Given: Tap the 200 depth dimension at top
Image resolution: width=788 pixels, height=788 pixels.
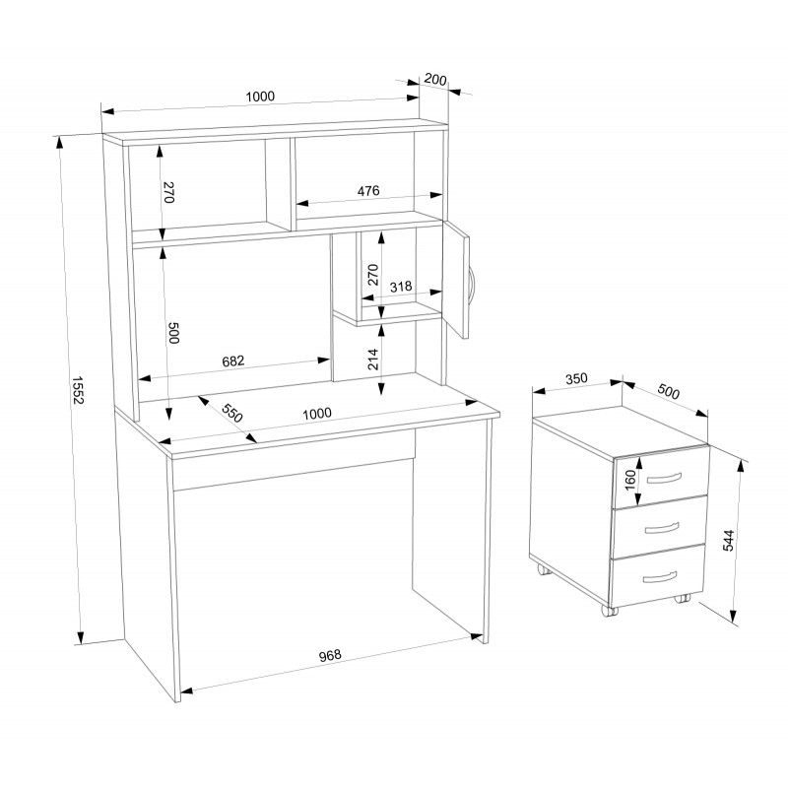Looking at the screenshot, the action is pos(435,80).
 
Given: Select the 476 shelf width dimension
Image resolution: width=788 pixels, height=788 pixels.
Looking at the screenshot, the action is pos(368,191).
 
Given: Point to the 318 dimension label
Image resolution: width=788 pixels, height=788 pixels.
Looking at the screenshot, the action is pos(401,287).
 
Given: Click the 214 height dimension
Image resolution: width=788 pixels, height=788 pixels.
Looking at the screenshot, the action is pos(373,359).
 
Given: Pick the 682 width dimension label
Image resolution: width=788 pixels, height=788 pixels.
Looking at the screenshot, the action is pos(232,361).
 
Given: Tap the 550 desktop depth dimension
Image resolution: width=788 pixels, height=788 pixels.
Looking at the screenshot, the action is pos(232,413).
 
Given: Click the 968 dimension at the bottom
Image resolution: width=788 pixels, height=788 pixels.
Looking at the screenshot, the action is pos(330,655).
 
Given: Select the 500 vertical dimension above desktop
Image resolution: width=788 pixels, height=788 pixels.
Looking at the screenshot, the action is pos(173,333).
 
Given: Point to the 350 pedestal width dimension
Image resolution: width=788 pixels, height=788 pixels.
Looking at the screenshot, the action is pos(576,378).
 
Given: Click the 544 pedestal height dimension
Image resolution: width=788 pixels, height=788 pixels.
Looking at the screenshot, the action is pos(728,540).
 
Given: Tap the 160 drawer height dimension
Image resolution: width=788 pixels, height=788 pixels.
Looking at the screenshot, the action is pos(629,481).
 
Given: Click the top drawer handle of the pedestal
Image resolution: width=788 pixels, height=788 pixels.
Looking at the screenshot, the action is pos(663,478).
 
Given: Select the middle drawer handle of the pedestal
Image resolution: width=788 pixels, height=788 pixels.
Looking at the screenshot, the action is pos(661,528).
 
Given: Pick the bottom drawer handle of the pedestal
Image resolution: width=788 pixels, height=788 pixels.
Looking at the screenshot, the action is pos(659,577).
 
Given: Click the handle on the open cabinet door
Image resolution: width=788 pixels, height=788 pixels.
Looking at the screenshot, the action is pos(472,285).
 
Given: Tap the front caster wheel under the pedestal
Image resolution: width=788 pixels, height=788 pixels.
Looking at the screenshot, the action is pos(609,611).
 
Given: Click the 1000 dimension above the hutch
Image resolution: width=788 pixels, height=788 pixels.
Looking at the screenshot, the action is pos(260,97).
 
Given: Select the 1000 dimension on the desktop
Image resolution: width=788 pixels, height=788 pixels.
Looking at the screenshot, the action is pos(317,414).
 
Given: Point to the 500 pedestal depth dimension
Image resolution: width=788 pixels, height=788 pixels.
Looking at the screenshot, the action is pos(669,391).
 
